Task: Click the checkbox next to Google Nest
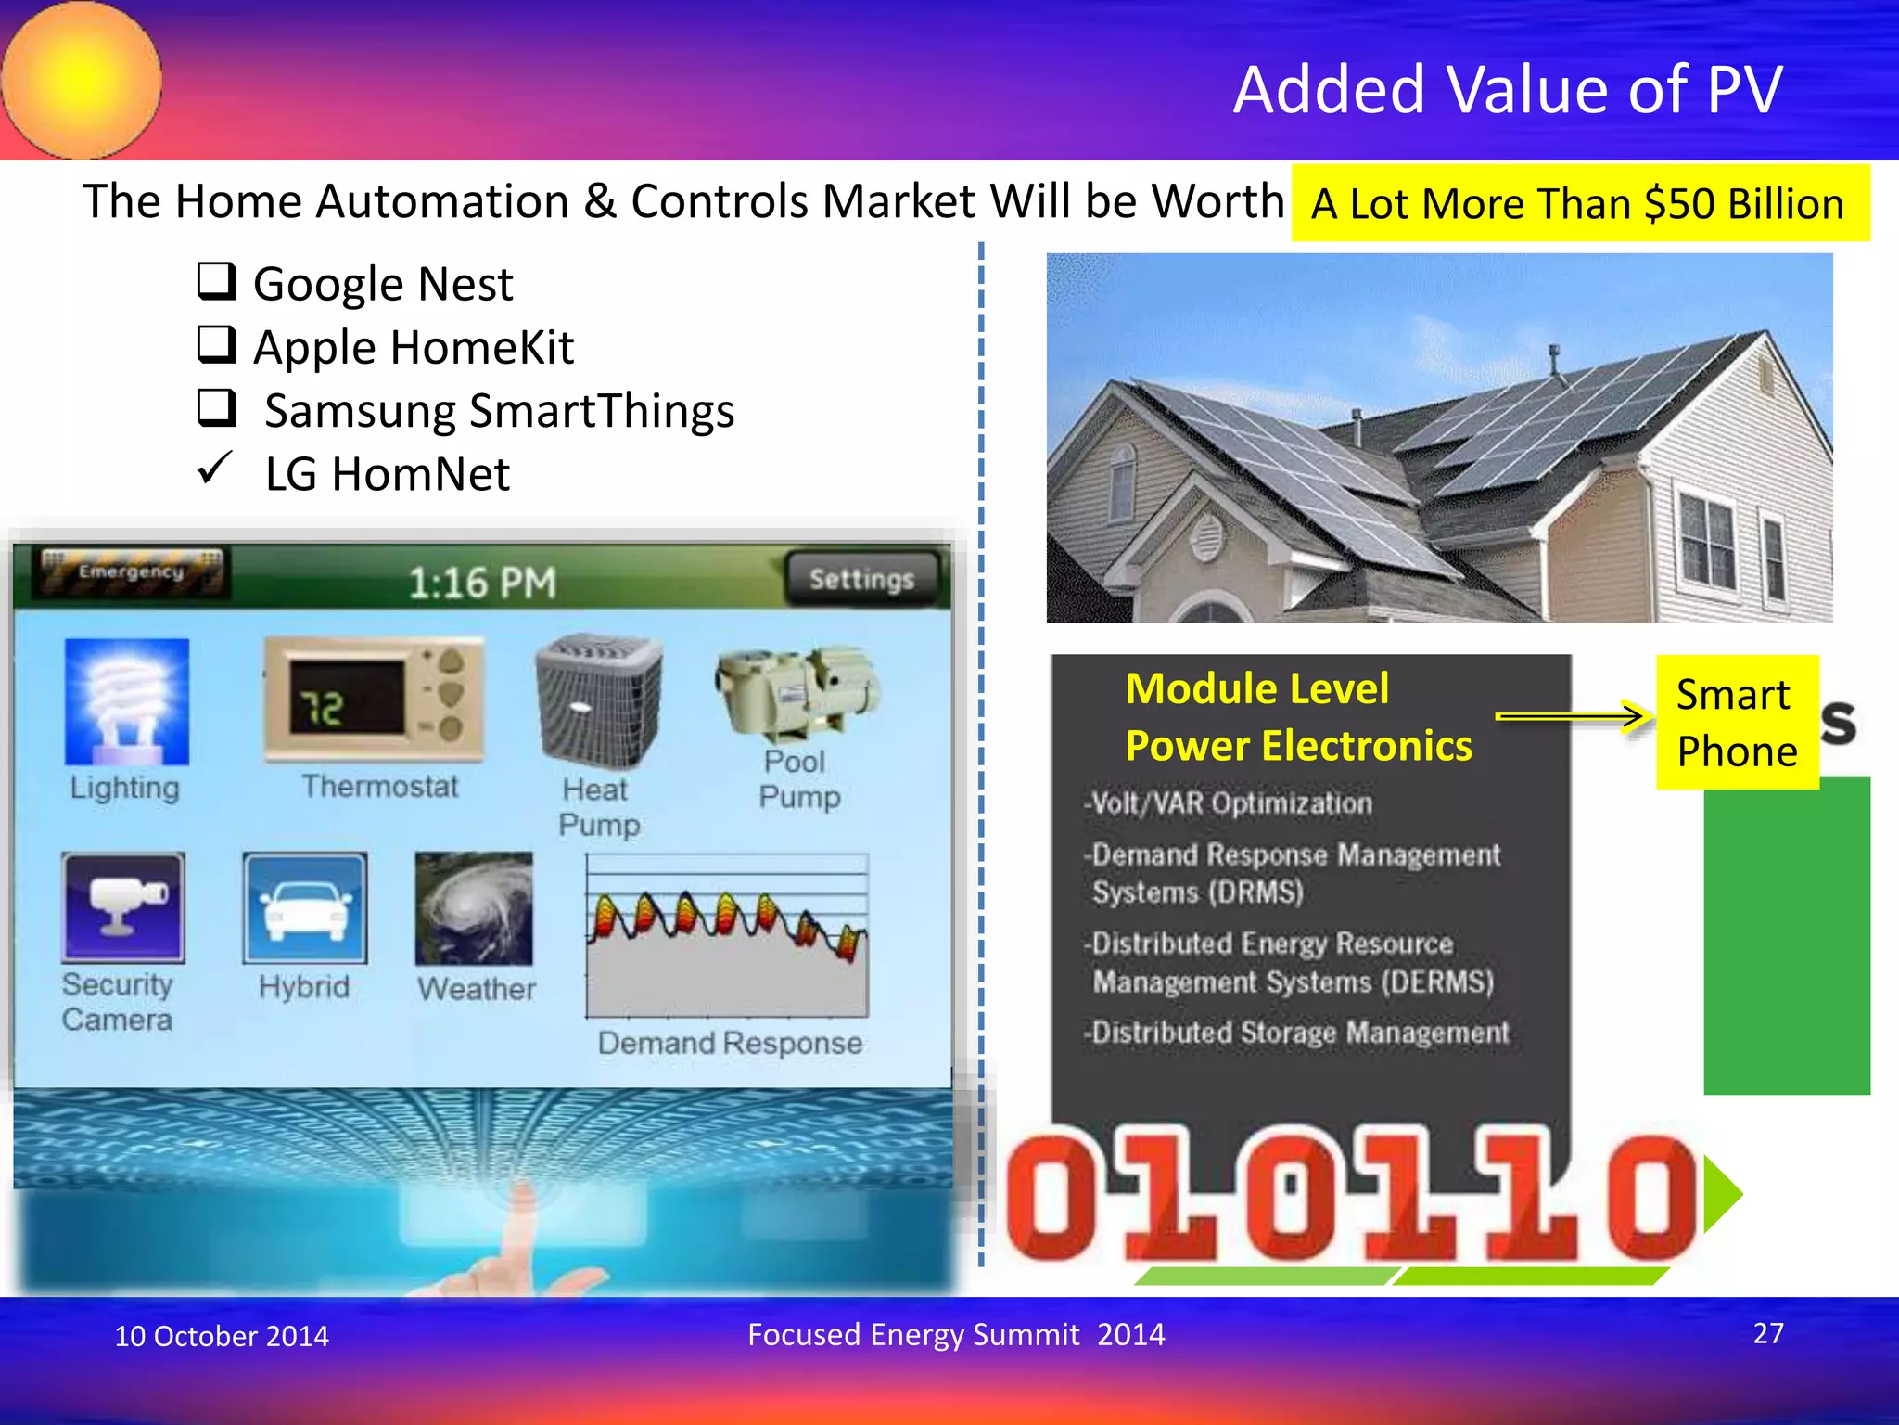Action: (x=216, y=280)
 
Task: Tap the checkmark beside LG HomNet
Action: (x=214, y=468)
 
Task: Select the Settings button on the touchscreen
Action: (x=861, y=579)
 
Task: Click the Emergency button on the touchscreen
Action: (x=131, y=571)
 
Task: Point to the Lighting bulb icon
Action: (x=127, y=701)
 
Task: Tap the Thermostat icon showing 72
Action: (x=375, y=699)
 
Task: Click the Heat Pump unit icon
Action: (x=599, y=700)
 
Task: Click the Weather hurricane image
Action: (x=475, y=909)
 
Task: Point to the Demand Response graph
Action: (x=727, y=935)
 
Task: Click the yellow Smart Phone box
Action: (x=1737, y=723)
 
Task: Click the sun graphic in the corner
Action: (x=82, y=79)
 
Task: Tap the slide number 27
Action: (x=1767, y=1333)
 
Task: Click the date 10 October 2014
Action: (x=222, y=1336)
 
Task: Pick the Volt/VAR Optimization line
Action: (x=1229, y=802)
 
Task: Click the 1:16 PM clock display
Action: (x=482, y=583)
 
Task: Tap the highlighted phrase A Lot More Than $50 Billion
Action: (x=1578, y=204)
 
